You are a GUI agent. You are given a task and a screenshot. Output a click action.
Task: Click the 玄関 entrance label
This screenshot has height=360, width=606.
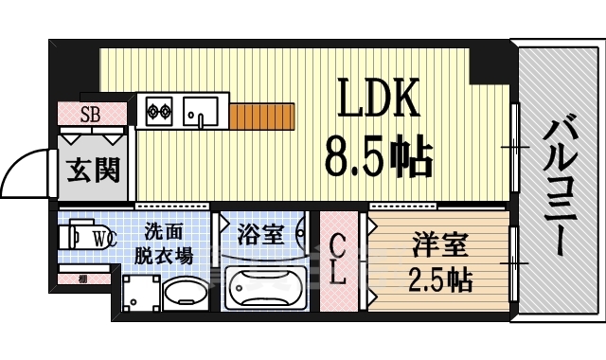pos(93,171)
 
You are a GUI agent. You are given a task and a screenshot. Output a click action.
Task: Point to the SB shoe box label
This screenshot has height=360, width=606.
pos(91,117)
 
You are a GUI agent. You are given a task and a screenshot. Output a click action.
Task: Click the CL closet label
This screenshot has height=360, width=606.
pos(338,261)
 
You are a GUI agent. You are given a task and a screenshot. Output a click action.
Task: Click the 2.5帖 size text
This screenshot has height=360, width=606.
pos(438,280)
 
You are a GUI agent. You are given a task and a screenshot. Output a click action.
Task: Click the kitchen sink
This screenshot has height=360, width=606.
pos(201,110)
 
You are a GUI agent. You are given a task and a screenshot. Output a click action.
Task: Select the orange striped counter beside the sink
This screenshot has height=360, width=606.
pos(260,116)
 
